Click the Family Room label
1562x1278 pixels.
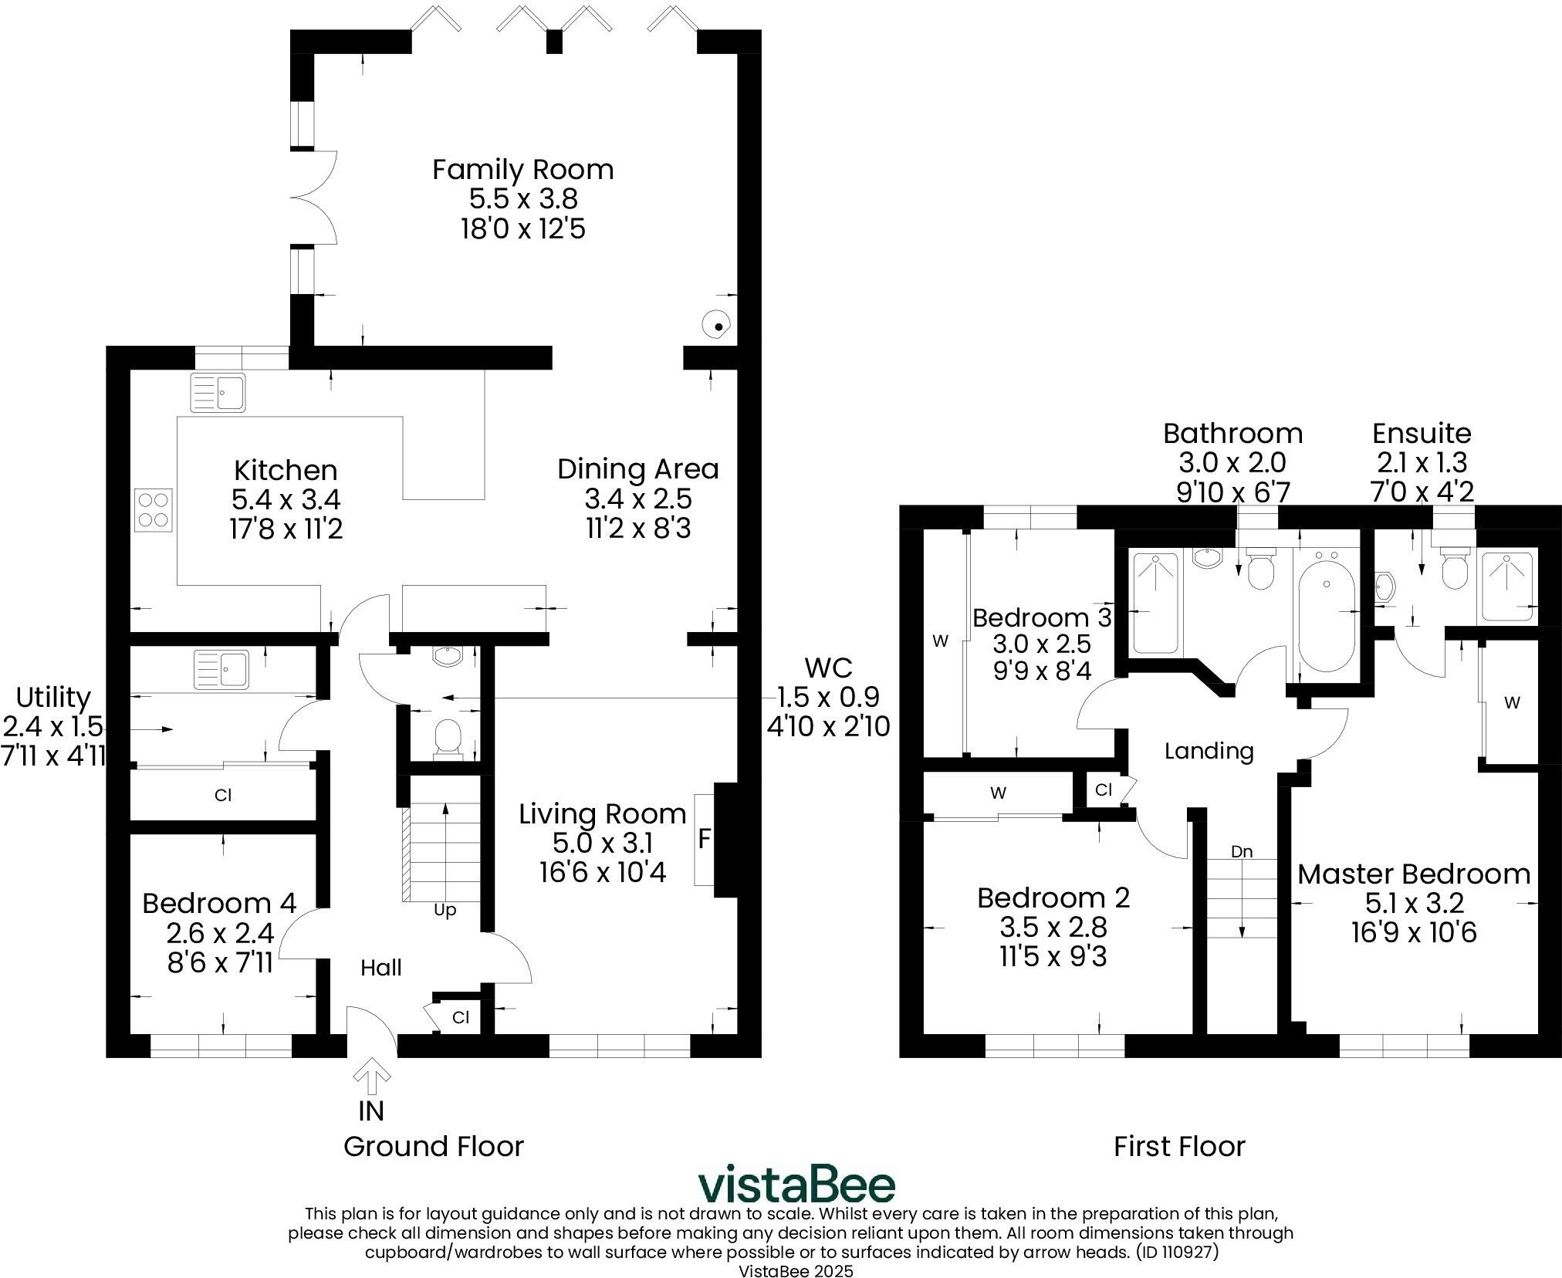coord(522,170)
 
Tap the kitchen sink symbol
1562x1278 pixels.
coord(218,392)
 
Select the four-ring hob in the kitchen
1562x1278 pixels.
coord(153,510)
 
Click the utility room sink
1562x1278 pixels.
coord(221,668)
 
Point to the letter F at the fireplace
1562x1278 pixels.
coord(704,840)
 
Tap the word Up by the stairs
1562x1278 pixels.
coord(445,910)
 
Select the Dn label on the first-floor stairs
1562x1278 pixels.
coord(1241,852)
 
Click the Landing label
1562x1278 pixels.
coord(1209,751)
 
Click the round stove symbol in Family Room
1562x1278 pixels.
coord(716,325)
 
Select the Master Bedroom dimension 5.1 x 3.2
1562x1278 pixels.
coord(1414,903)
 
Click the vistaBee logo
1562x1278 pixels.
coord(796,1185)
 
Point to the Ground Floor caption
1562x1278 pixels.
coord(433,1146)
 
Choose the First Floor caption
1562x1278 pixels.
coord(1178,1146)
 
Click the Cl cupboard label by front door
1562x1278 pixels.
coord(461,1017)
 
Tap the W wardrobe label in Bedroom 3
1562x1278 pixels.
coord(940,641)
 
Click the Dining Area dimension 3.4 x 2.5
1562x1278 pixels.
coord(637,499)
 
